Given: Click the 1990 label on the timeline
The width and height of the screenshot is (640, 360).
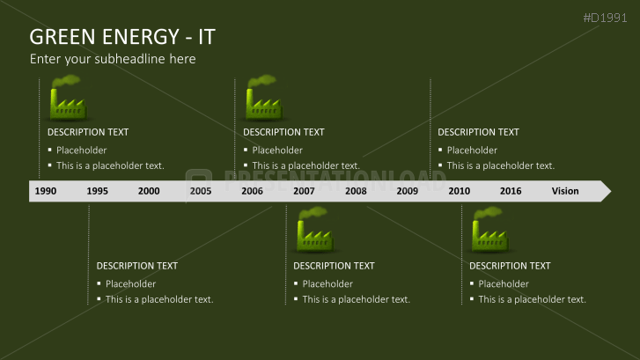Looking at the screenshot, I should [46, 191].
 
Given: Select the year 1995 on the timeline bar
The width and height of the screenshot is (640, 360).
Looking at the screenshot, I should [98, 191].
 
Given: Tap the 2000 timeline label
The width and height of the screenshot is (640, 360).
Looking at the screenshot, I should [149, 191].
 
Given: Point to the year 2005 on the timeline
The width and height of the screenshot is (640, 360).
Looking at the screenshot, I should [201, 191].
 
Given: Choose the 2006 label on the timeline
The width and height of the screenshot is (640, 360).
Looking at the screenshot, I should [252, 191].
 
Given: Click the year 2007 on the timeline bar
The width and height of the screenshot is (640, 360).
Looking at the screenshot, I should [304, 191].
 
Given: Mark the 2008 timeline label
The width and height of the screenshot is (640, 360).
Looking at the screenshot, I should [356, 191].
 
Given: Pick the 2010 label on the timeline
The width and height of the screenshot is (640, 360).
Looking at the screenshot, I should [459, 191].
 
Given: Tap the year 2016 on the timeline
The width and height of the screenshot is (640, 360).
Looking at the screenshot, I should [511, 191].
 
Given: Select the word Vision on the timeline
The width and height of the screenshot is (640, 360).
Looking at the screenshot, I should [565, 191].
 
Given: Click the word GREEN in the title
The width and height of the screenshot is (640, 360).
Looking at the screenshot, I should [63, 37].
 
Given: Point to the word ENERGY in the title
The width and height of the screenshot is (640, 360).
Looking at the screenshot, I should [142, 37].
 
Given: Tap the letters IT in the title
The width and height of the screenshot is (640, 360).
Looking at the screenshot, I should [206, 37].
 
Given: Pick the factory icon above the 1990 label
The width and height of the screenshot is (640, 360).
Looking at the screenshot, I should [67, 99].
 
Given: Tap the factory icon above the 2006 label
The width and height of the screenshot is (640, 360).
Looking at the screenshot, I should [262, 99].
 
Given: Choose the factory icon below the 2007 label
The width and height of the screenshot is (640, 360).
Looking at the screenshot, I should [313, 232].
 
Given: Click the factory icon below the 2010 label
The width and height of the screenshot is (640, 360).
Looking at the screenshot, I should [489, 232].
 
